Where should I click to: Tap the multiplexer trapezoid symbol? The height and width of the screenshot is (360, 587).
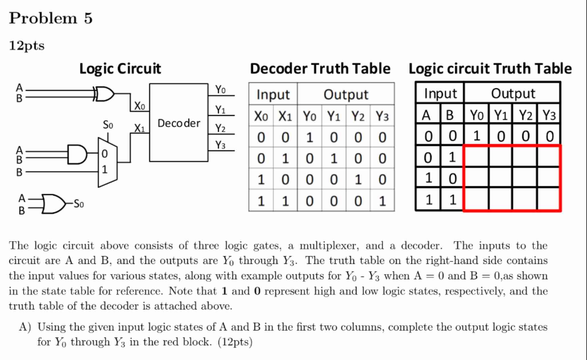coord(107,162)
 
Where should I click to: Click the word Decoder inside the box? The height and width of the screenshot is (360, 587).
coord(179,123)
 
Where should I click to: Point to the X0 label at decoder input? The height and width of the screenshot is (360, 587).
coord(139,106)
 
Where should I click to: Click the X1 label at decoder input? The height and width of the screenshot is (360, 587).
coord(139,128)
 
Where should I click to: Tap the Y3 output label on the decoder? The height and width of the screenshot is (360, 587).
coord(220,145)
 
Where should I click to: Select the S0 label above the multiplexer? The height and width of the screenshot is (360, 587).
coord(108,125)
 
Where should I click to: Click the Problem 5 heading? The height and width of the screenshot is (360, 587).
coord(51,18)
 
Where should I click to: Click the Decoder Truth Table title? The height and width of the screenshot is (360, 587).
coord(320,69)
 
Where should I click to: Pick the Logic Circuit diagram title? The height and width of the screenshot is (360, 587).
coord(120,69)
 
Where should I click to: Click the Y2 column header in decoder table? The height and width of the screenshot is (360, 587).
coord(358,116)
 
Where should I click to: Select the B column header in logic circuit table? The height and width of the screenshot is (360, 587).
coord(449,115)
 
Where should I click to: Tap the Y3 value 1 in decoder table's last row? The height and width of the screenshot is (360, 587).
coord(382,201)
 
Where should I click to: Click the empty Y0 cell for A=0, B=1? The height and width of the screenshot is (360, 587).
coord(477,157)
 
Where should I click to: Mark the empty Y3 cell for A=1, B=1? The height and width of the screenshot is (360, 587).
coord(548,199)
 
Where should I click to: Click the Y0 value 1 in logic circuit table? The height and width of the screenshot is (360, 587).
coord(477,136)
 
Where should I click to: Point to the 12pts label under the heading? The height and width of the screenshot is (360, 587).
coord(27,46)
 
